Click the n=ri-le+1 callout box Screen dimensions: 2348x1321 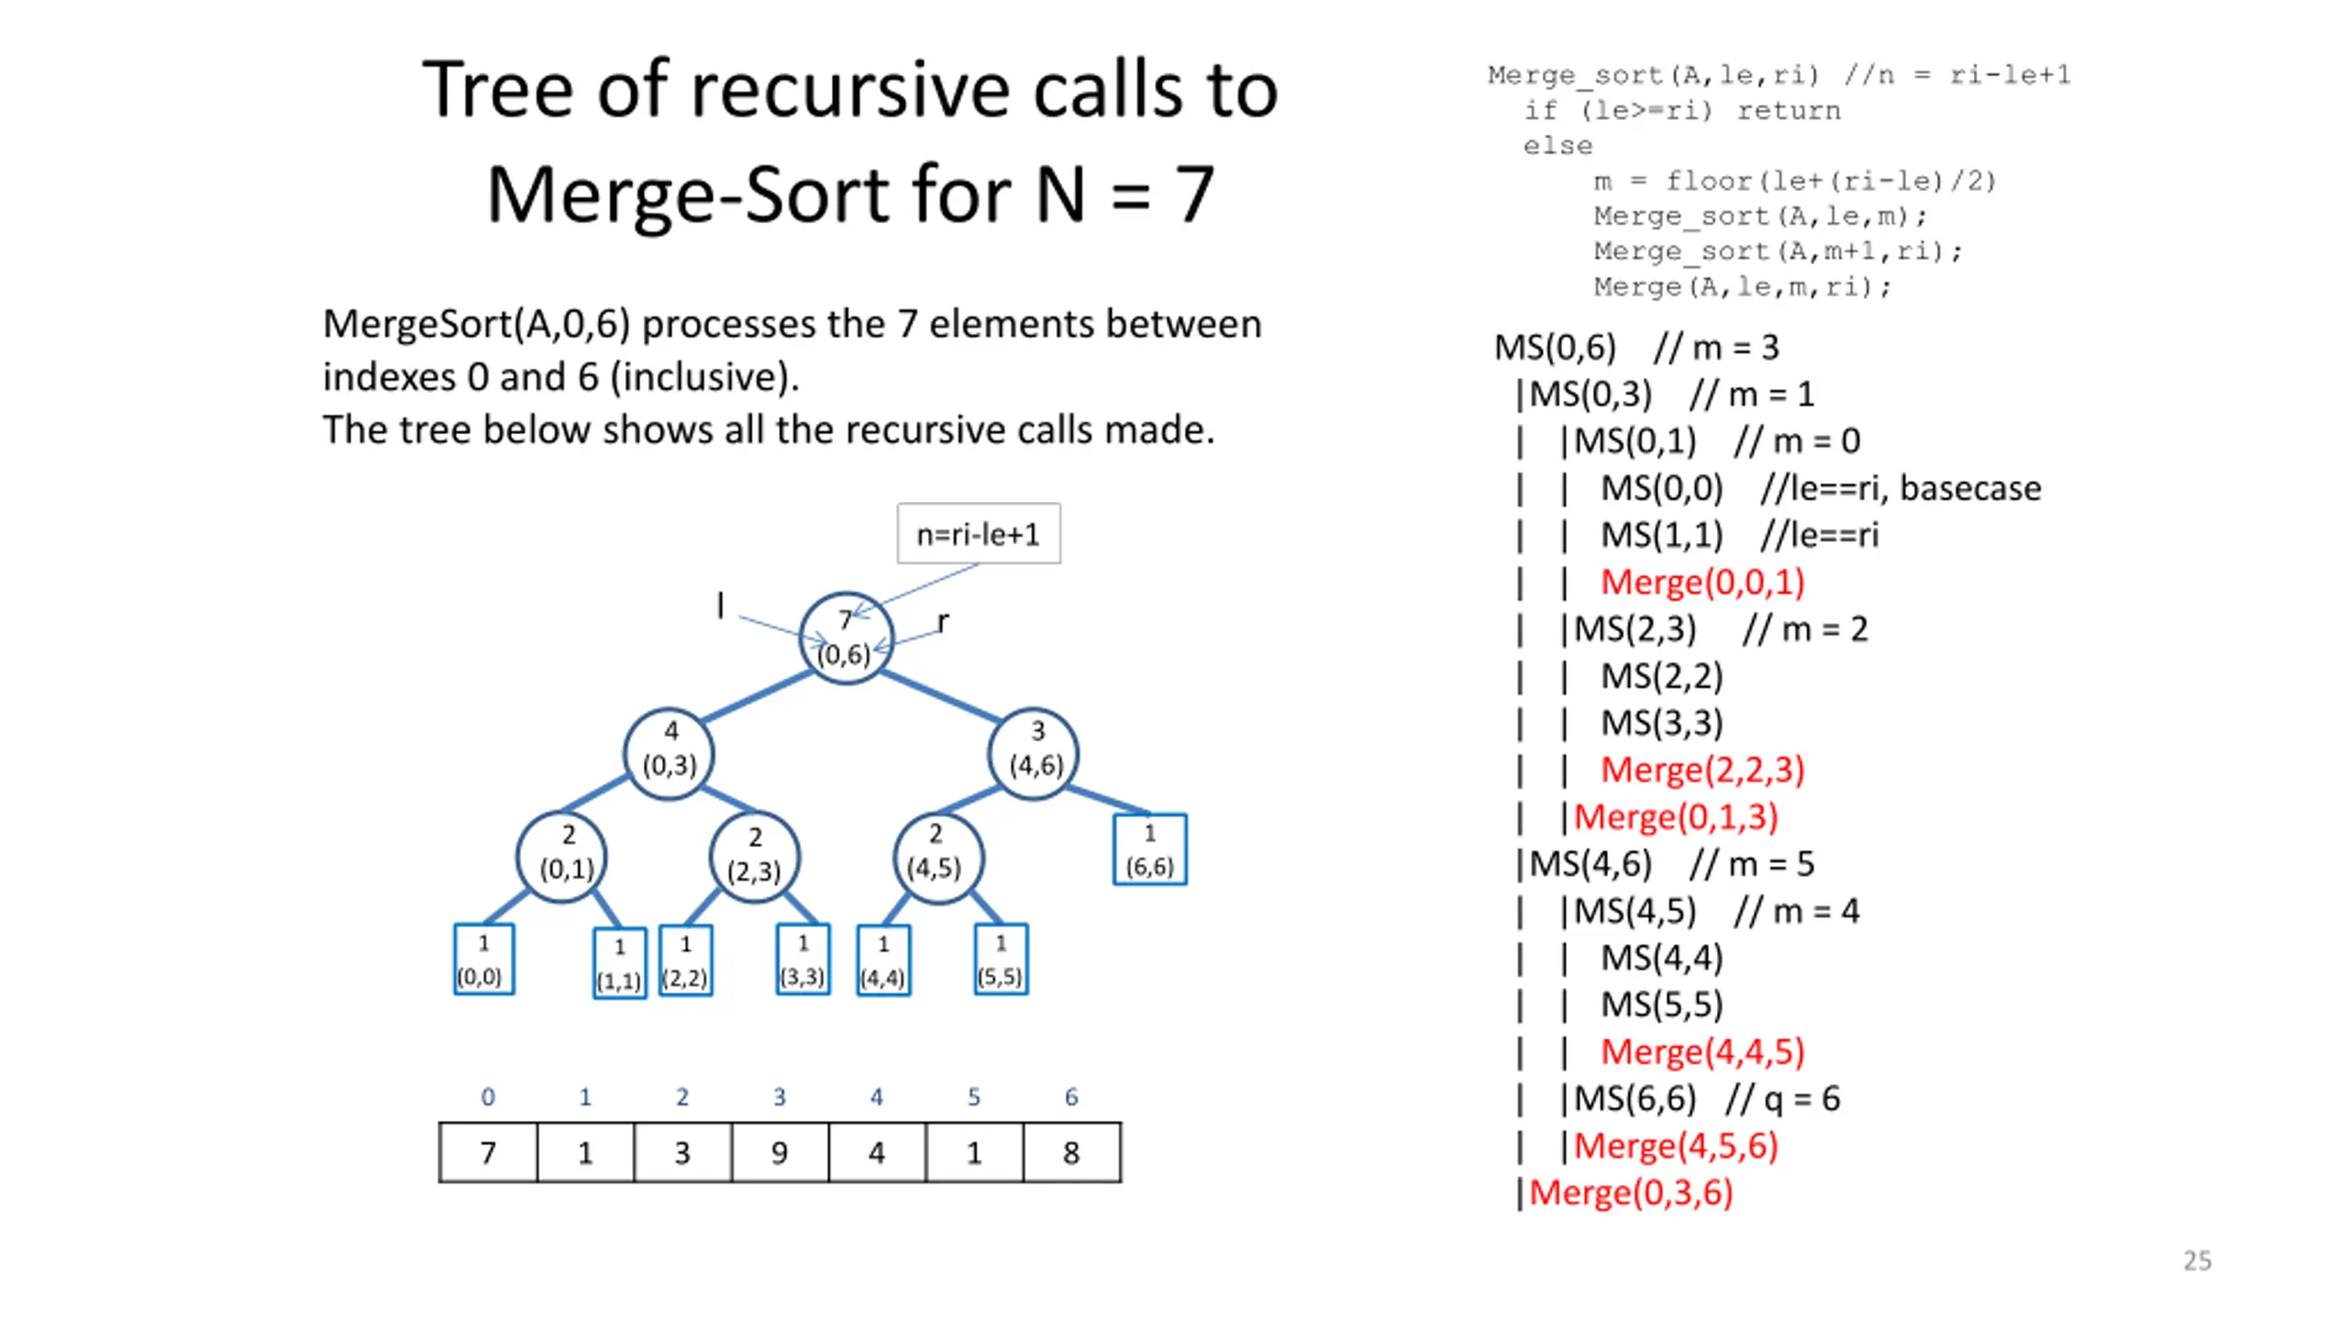tap(979, 533)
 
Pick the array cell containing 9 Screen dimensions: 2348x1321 tap(780, 1152)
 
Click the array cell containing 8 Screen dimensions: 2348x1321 tap(1071, 1152)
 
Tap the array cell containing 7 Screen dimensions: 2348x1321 tap(488, 1152)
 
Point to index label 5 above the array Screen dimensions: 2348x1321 tap(974, 1096)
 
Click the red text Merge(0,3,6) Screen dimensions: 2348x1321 tap(1631, 1193)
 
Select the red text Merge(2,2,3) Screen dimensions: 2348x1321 tap(1702, 770)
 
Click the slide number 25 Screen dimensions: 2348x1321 tap(2197, 1260)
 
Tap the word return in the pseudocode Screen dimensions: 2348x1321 tap(1789, 111)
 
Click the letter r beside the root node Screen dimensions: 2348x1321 tap(943, 623)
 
